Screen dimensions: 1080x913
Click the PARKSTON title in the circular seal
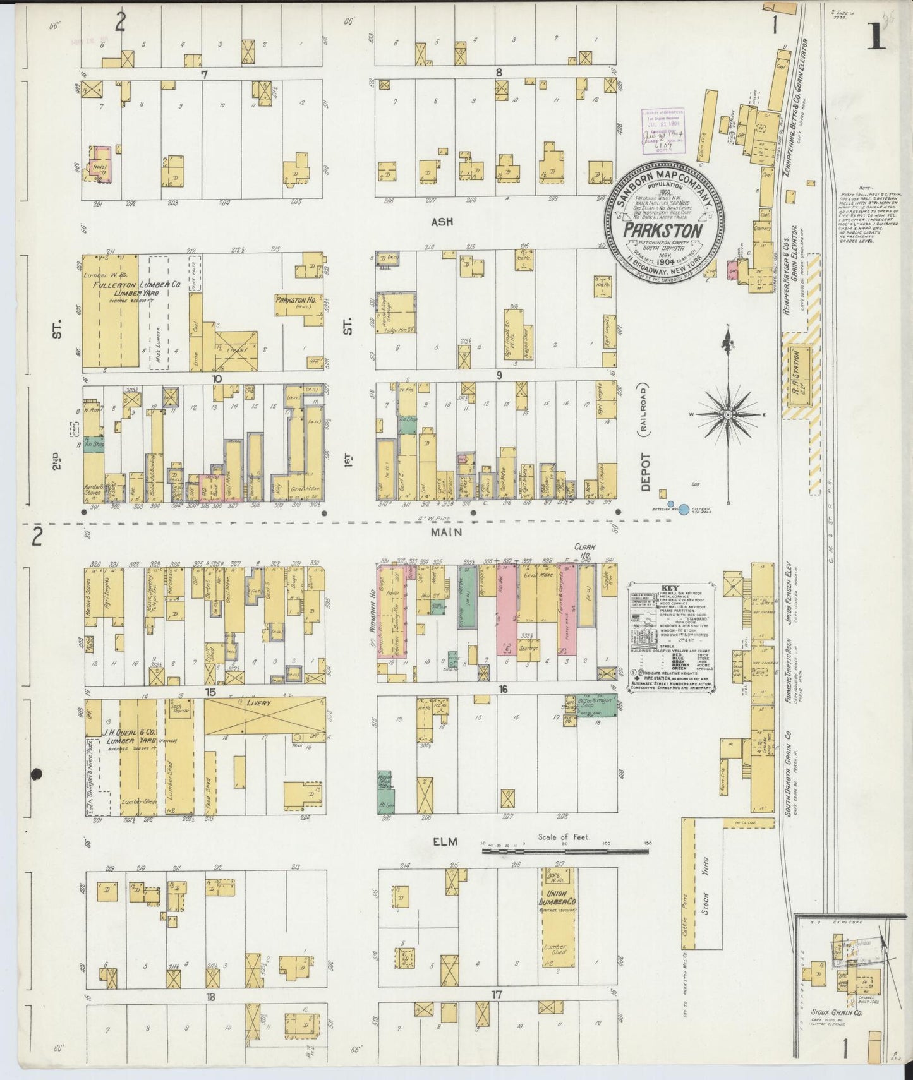point(663,230)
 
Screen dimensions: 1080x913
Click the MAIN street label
point(447,532)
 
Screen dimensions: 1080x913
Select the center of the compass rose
point(727,414)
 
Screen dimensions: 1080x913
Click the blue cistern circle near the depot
point(683,508)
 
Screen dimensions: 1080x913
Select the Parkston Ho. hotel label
point(296,300)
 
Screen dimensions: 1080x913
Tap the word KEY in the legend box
point(671,587)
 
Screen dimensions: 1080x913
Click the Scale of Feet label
point(564,837)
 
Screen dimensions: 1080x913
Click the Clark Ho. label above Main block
point(586,550)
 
